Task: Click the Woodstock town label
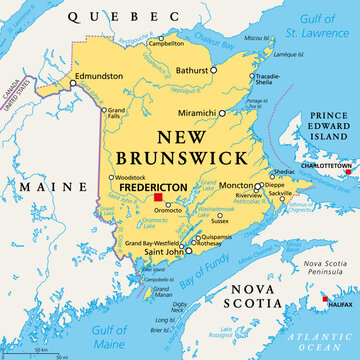[126, 178]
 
